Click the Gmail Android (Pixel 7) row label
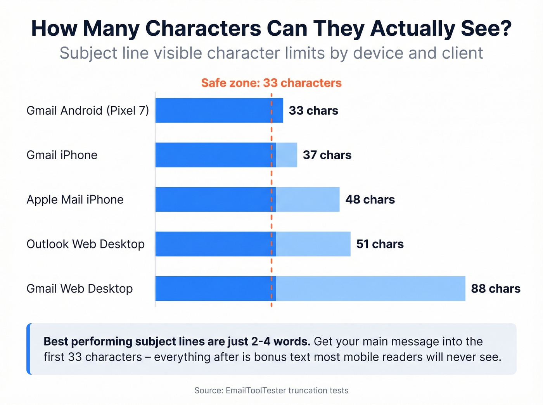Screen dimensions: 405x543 point(88,111)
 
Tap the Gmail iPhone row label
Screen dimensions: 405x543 point(62,155)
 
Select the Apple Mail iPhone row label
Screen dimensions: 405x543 point(75,200)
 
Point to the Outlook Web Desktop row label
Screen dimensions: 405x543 point(85,244)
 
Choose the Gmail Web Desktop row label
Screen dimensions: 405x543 point(80,289)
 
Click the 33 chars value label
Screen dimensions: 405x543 point(313,111)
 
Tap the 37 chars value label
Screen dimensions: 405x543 point(327,155)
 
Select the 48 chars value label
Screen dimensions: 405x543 point(370,200)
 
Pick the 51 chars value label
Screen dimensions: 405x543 point(380,244)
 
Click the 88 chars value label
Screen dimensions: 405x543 point(495,289)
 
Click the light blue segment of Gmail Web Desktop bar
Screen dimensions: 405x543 point(370,289)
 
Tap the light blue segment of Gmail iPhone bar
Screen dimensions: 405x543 point(287,155)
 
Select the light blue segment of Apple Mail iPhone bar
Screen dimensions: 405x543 point(308,200)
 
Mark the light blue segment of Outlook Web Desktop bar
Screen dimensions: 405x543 point(313,244)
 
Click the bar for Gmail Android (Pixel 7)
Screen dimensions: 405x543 point(219,111)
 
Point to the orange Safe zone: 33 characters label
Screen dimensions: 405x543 point(271,83)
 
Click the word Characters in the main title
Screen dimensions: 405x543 point(203,29)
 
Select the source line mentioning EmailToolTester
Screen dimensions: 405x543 point(271,390)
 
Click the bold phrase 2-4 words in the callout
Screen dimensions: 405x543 point(280,341)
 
